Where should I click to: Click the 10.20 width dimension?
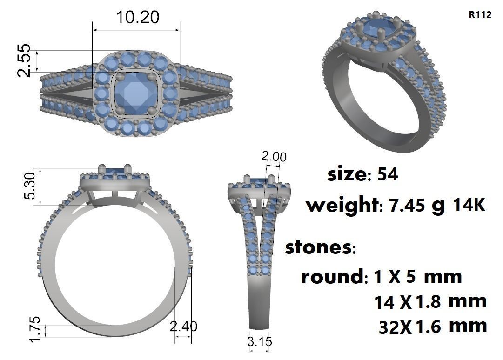(137, 18)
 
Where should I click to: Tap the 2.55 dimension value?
(24, 60)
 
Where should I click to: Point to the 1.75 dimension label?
(35, 330)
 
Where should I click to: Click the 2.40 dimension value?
(183, 327)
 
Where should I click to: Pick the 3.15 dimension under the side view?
(260, 342)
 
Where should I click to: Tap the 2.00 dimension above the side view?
(274, 157)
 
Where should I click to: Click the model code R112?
(480, 15)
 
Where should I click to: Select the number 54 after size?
(388, 175)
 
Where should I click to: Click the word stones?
(320, 247)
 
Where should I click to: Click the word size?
(347, 175)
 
